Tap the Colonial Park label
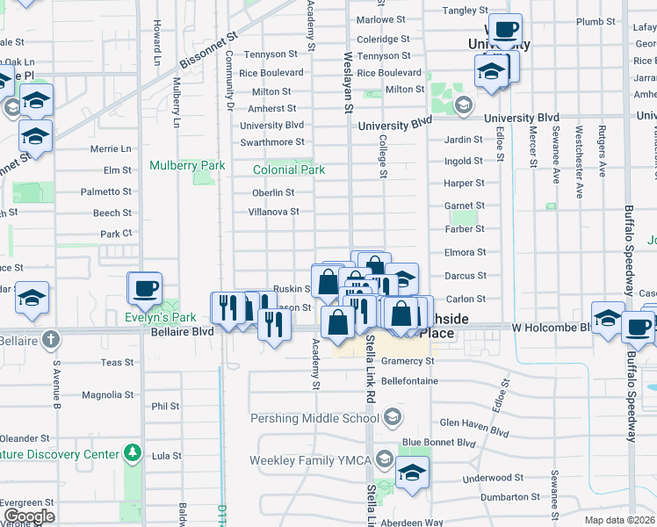[x=288, y=170]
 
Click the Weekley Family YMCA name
[x=310, y=459]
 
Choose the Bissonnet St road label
[x=209, y=53]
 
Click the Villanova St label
[x=274, y=212]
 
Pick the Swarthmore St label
[x=272, y=141]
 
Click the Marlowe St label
[x=381, y=18]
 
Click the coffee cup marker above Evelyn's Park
[x=147, y=287]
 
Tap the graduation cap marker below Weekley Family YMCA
[x=412, y=472]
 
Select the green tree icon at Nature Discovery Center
[x=132, y=453]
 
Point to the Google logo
[x=29, y=516]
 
